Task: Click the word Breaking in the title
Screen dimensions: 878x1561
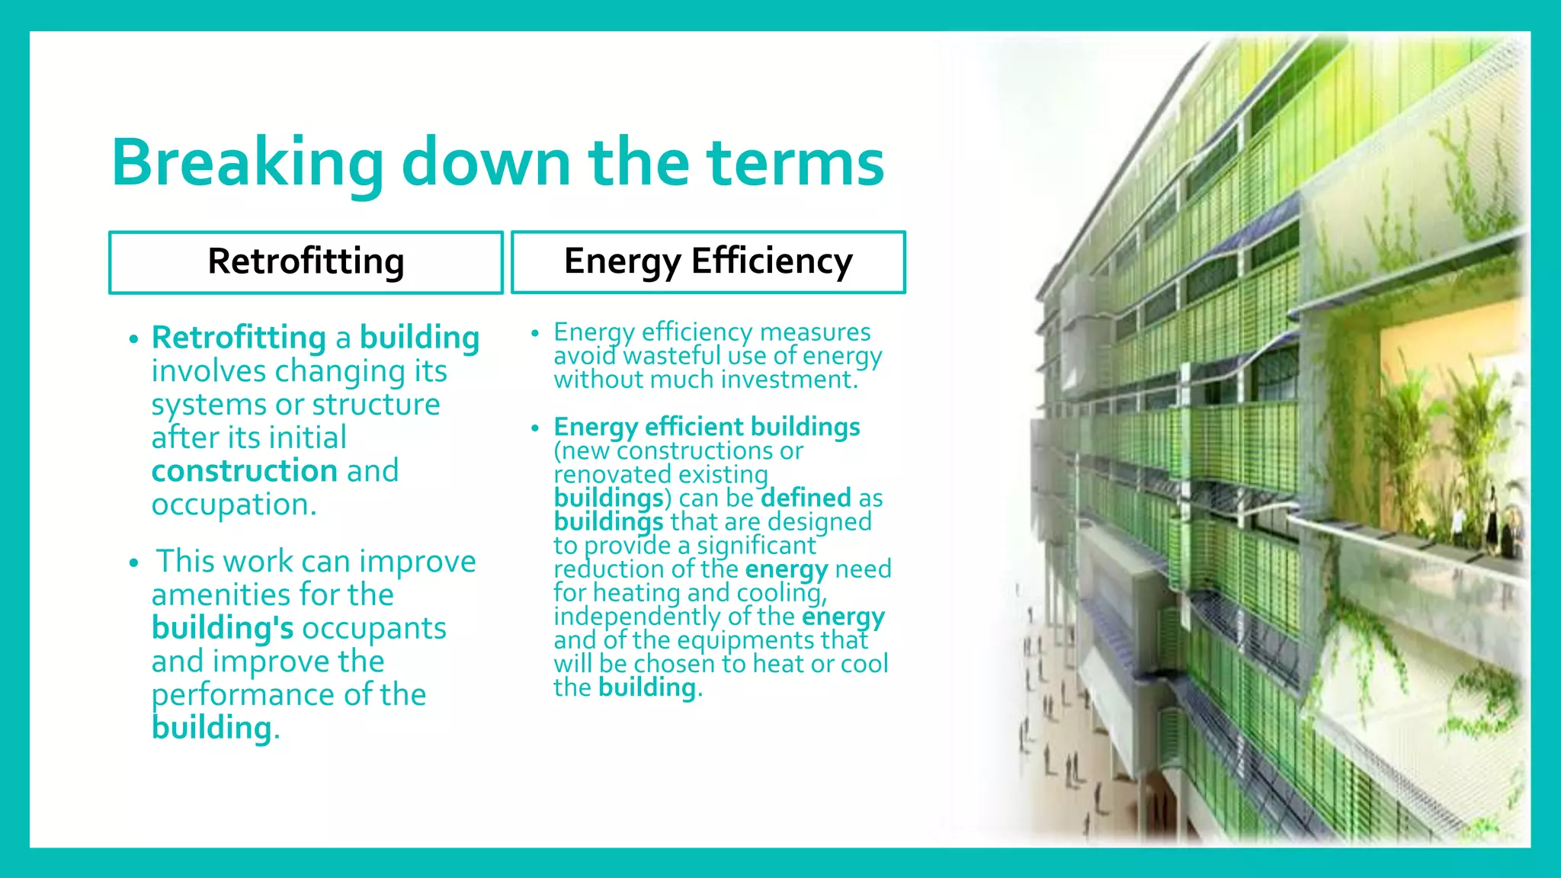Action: tap(248, 164)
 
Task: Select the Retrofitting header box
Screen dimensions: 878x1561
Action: tap(306, 262)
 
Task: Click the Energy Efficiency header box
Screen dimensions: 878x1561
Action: tap(708, 262)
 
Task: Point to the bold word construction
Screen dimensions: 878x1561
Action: tap(244, 471)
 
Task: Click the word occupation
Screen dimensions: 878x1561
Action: tap(232, 505)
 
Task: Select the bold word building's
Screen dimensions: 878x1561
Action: tap(222, 628)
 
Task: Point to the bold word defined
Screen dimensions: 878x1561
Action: tap(806, 498)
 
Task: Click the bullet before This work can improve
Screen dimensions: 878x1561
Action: tap(134, 563)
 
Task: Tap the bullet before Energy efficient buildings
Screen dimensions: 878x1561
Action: tap(535, 428)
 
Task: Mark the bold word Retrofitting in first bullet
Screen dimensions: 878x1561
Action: tap(239, 338)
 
